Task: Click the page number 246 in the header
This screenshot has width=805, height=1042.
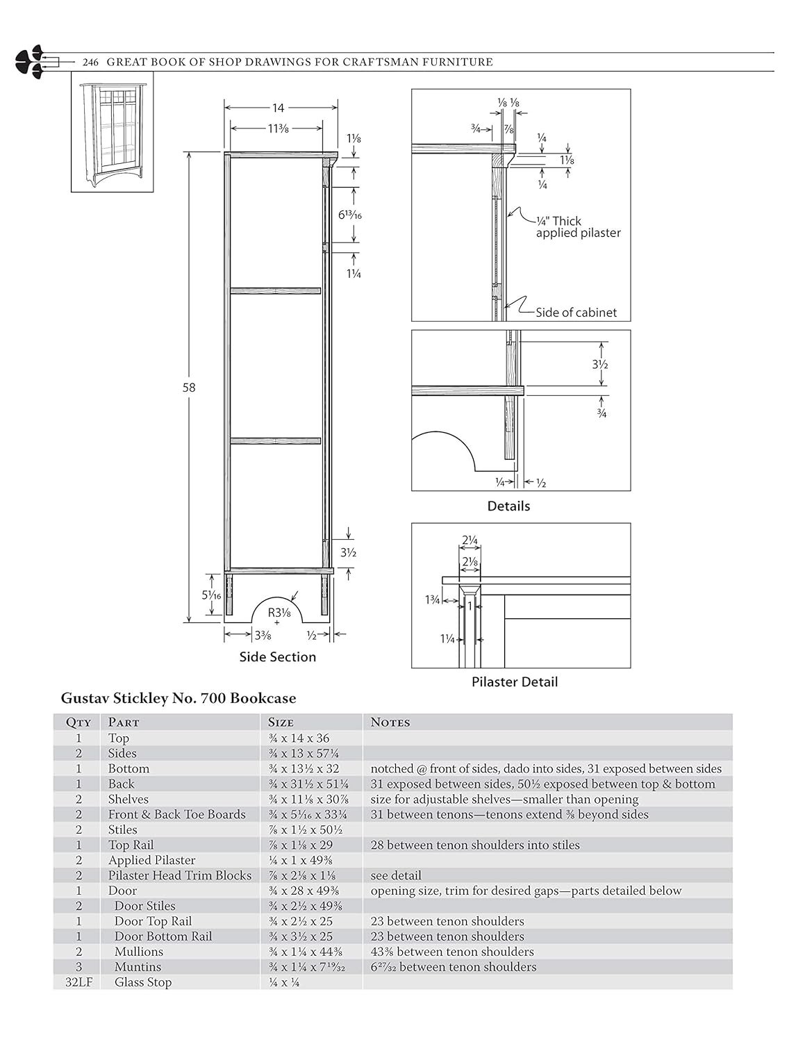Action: point(90,63)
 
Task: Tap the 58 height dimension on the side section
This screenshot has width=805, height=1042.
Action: point(189,388)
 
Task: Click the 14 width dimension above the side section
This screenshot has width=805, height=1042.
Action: point(278,108)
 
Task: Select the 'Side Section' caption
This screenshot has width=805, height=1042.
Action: point(278,656)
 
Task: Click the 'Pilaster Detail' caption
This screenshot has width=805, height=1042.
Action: point(514,681)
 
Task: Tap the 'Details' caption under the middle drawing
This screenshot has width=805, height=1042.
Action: point(508,506)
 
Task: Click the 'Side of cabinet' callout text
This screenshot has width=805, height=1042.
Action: point(576,313)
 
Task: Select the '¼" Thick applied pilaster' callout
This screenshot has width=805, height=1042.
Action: point(578,227)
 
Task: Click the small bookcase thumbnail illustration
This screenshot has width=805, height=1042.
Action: point(113,132)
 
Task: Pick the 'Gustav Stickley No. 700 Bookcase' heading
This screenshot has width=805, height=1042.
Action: point(179,698)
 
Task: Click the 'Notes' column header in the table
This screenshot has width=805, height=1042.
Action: point(390,722)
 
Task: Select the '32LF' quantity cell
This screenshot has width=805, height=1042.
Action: point(78,982)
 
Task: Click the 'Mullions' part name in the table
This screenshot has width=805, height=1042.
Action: point(139,952)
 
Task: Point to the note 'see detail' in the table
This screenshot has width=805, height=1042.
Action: point(396,875)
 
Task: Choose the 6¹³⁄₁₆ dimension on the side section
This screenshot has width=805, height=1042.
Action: point(349,215)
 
